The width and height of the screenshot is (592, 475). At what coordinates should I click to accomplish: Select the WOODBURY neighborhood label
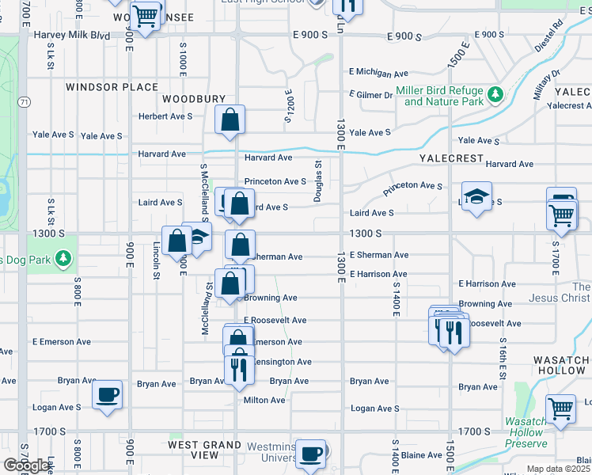tap(194, 99)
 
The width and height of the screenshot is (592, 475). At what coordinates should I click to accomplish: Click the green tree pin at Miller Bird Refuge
tap(495, 95)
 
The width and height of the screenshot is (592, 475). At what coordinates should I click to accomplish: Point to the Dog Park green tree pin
tap(63, 259)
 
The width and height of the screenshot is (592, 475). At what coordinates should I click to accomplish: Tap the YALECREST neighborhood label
tap(451, 158)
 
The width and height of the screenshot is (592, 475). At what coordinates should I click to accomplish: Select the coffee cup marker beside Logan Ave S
tap(108, 393)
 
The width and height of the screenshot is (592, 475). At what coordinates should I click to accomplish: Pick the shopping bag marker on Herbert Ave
tap(230, 120)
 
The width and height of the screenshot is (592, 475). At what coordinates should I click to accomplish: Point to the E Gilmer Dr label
tap(372, 95)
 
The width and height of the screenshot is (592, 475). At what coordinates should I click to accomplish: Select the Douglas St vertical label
tap(317, 181)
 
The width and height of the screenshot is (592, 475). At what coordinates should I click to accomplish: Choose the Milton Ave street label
tap(264, 400)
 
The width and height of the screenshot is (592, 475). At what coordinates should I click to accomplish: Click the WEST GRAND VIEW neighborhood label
tap(204, 450)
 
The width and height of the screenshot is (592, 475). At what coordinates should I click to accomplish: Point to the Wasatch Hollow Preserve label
tap(526, 432)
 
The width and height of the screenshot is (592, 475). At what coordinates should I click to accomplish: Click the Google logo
tap(25, 465)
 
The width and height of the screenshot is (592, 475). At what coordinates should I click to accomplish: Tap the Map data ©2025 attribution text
tap(558, 469)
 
